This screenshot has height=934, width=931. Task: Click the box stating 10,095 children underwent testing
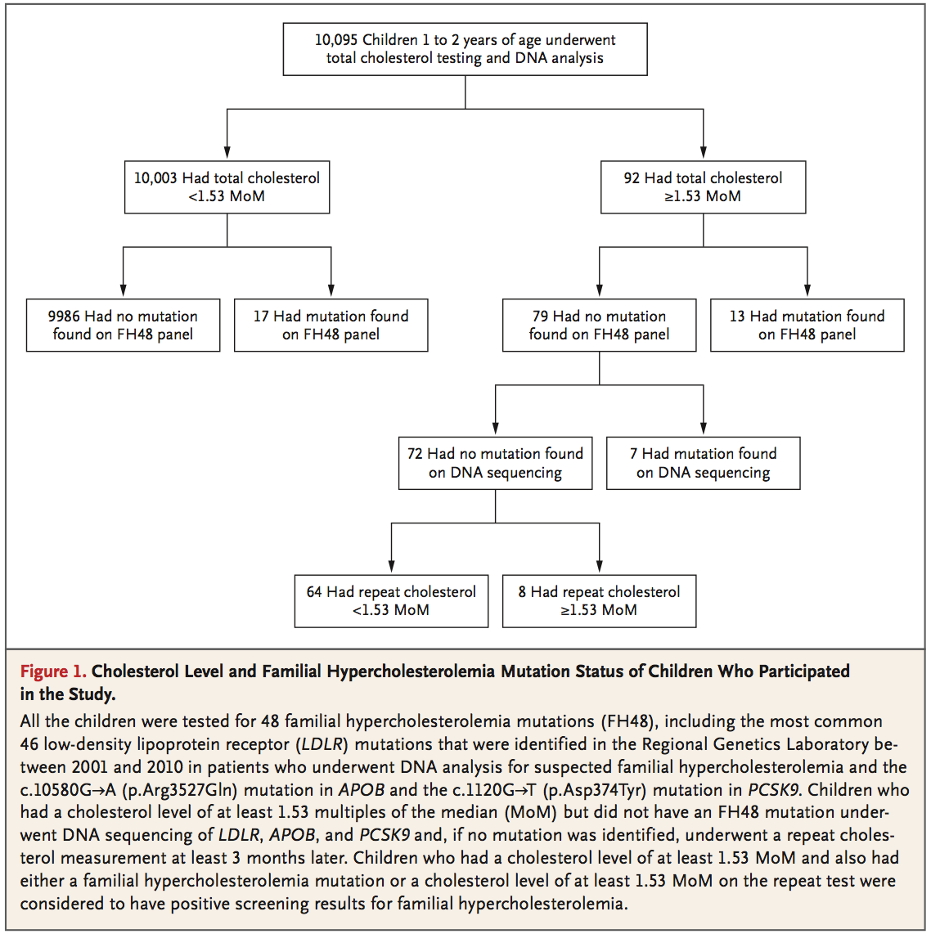(x=465, y=49)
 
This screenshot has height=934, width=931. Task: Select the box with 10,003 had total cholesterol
(x=227, y=187)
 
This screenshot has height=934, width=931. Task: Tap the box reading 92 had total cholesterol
(x=703, y=187)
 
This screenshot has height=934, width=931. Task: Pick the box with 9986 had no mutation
(x=123, y=326)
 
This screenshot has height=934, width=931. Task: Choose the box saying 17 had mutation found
(x=331, y=326)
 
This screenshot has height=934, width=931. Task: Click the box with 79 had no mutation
(x=599, y=326)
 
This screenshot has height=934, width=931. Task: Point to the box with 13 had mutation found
(x=807, y=326)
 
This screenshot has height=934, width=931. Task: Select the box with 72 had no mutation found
(x=495, y=464)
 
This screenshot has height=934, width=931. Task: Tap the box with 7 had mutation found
(x=703, y=464)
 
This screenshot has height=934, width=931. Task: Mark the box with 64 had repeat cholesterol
(x=391, y=601)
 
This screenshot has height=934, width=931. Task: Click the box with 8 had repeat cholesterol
(x=599, y=601)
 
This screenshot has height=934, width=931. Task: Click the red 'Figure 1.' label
(x=53, y=671)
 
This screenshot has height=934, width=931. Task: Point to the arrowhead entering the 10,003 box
(x=227, y=152)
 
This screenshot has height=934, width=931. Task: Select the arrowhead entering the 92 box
(x=704, y=152)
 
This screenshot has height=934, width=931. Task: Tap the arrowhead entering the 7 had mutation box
(x=704, y=429)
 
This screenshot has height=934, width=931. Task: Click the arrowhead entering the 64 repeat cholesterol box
(x=391, y=567)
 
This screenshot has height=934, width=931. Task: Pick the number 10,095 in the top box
(x=336, y=40)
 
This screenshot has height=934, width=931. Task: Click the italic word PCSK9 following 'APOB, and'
(x=385, y=834)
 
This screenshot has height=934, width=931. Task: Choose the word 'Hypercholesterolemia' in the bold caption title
(x=411, y=672)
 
